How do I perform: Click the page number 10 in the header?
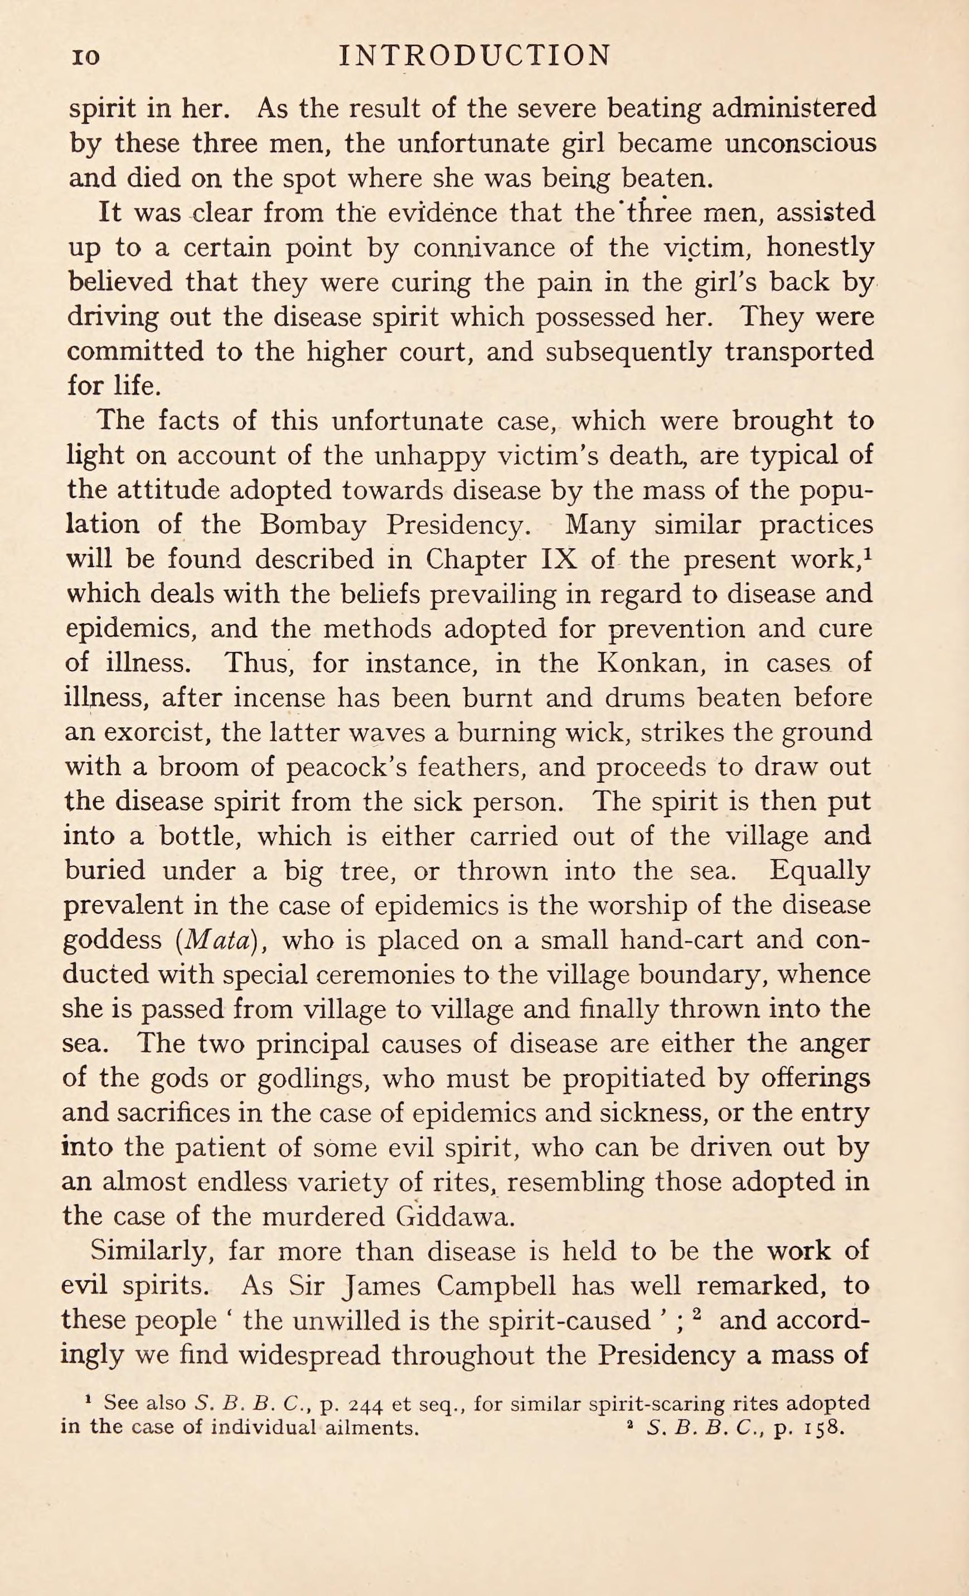[x=85, y=57]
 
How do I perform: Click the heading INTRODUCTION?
[x=474, y=56]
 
